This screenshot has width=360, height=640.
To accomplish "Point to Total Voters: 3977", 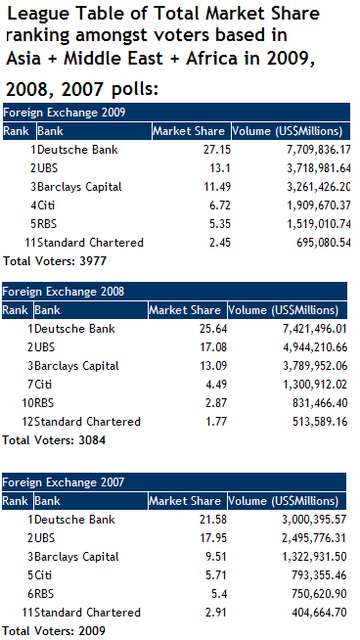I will click(x=45, y=261).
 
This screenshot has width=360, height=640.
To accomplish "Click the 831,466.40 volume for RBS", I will click(x=313, y=402).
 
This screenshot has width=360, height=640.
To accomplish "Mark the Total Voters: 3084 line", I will click(x=45, y=440).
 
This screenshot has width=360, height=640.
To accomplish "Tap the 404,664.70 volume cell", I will click(x=313, y=612).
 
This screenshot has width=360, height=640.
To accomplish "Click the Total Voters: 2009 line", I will click(x=45, y=630).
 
